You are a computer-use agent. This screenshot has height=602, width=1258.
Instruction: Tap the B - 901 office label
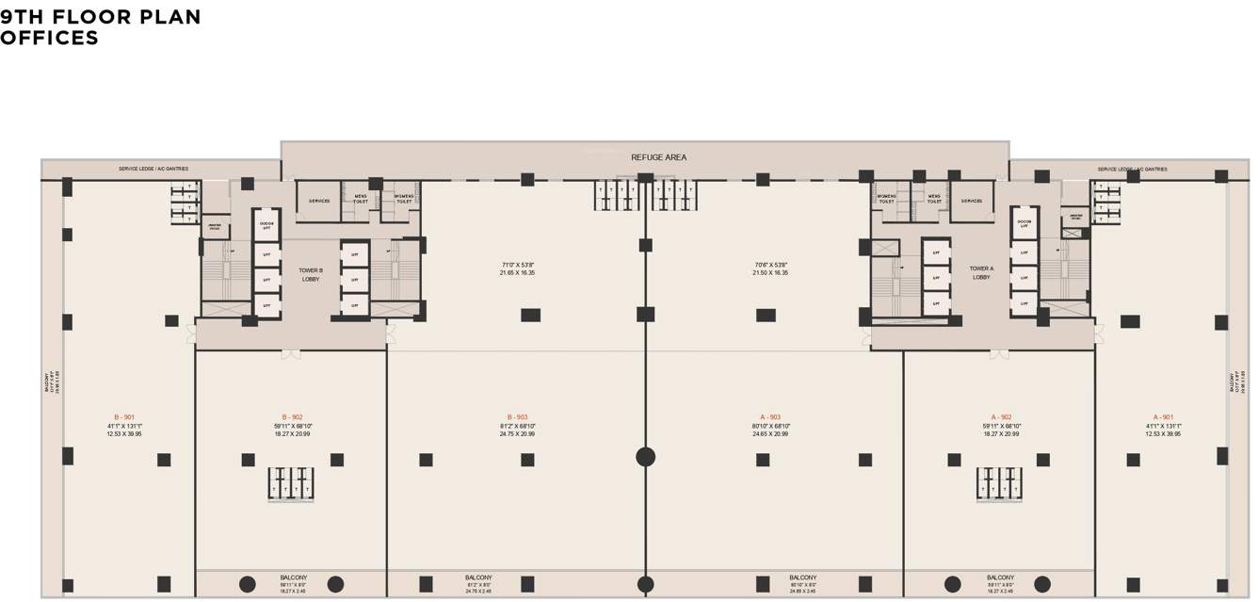click(123, 417)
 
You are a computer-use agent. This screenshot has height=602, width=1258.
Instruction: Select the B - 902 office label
click(292, 417)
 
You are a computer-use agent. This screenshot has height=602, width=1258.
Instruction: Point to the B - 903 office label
click(517, 417)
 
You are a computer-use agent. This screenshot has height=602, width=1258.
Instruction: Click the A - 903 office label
click(770, 417)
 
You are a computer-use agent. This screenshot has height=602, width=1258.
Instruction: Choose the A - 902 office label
click(1000, 417)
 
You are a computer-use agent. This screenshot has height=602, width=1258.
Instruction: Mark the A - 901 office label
click(1163, 417)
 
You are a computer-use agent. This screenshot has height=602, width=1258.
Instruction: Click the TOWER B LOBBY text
click(311, 274)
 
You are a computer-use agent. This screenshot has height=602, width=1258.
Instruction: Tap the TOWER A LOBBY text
click(981, 272)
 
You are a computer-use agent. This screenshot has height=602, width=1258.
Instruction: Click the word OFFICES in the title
click(49, 39)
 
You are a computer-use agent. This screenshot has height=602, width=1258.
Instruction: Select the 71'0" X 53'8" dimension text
click(518, 265)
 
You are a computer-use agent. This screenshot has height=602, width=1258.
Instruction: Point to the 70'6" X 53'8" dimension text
click(770, 265)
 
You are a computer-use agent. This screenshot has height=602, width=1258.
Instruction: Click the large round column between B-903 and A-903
click(645, 457)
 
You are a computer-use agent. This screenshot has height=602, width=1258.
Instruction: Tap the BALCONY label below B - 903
click(478, 578)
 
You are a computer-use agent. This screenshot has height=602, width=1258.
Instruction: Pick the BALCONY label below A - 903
click(802, 578)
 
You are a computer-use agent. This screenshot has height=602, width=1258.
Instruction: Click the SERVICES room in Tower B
click(319, 201)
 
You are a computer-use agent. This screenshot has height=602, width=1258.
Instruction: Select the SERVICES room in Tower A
click(972, 201)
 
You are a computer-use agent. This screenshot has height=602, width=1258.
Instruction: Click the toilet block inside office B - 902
click(291, 483)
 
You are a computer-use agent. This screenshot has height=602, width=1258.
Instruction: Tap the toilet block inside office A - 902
click(1000, 483)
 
